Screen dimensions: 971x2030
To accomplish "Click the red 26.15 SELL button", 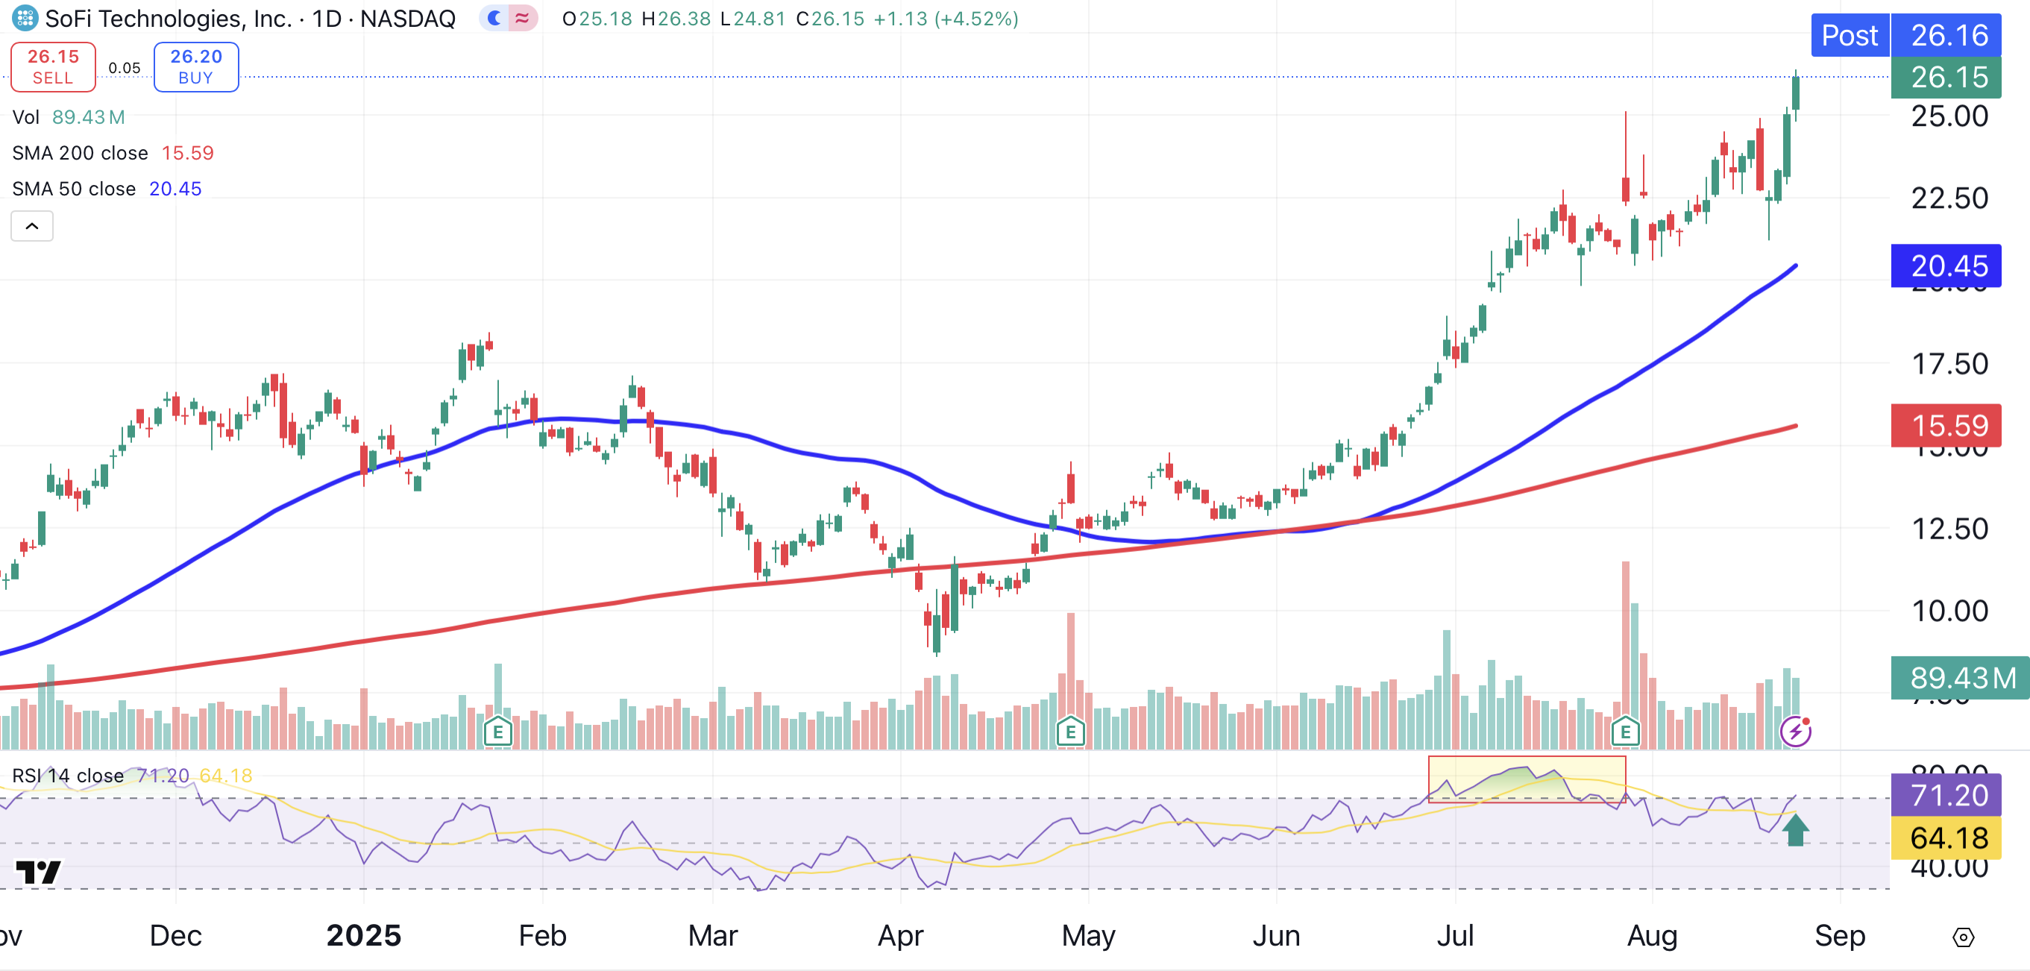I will click(x=53, y=67).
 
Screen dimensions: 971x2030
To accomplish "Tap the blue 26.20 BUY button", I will click(x=196, y=67).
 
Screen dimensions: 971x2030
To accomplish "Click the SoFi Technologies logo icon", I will click(x=25, y=17).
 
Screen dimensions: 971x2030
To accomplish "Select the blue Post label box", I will click(x=1849, y=36).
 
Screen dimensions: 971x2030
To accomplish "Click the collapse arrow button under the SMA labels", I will click(x=31, y=226).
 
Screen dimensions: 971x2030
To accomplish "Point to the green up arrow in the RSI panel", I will click(x=1795, y=830).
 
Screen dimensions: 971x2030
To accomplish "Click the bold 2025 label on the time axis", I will click(x=363, y=935).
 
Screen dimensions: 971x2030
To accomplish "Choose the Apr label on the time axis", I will click(x=900, y=935).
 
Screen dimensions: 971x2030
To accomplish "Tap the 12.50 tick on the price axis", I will click(x=1949, y=529).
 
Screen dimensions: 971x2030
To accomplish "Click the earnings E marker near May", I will click(x=1070, y=732).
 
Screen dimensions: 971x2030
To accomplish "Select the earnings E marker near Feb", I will click(x=498, y=732).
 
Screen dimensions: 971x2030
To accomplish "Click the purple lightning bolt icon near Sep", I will click(x=1795, y=732).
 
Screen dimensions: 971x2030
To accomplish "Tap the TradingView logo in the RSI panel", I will click(x=38, y=872).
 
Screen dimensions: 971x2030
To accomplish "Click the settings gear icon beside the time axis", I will click(x=1963, y=937).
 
